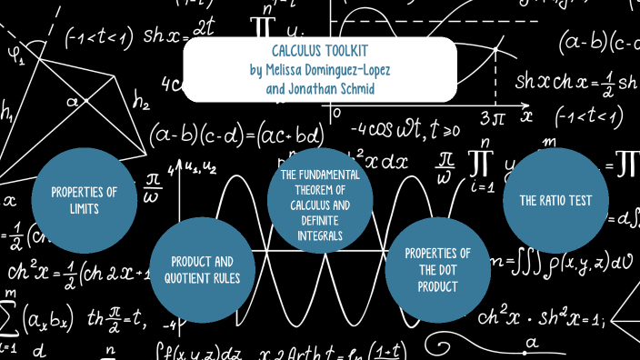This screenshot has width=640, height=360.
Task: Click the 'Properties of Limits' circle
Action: pos(84,201)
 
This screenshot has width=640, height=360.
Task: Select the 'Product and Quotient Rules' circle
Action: pos(201,270)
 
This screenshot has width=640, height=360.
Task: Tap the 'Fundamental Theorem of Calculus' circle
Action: pos(319,205)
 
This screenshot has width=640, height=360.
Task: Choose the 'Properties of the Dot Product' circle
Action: pos(437,270)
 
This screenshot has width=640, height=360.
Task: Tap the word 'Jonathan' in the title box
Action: pos(302,89)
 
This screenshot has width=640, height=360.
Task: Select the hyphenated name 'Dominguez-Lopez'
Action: pos(350,69)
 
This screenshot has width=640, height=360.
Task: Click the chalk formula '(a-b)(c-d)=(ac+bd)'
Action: pos(235,135)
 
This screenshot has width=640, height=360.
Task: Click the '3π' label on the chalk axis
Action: pos(491,117)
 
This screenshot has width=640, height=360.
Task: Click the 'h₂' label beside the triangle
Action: pos(141,103)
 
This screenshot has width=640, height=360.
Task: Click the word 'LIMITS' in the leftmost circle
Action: pos(84,208)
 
